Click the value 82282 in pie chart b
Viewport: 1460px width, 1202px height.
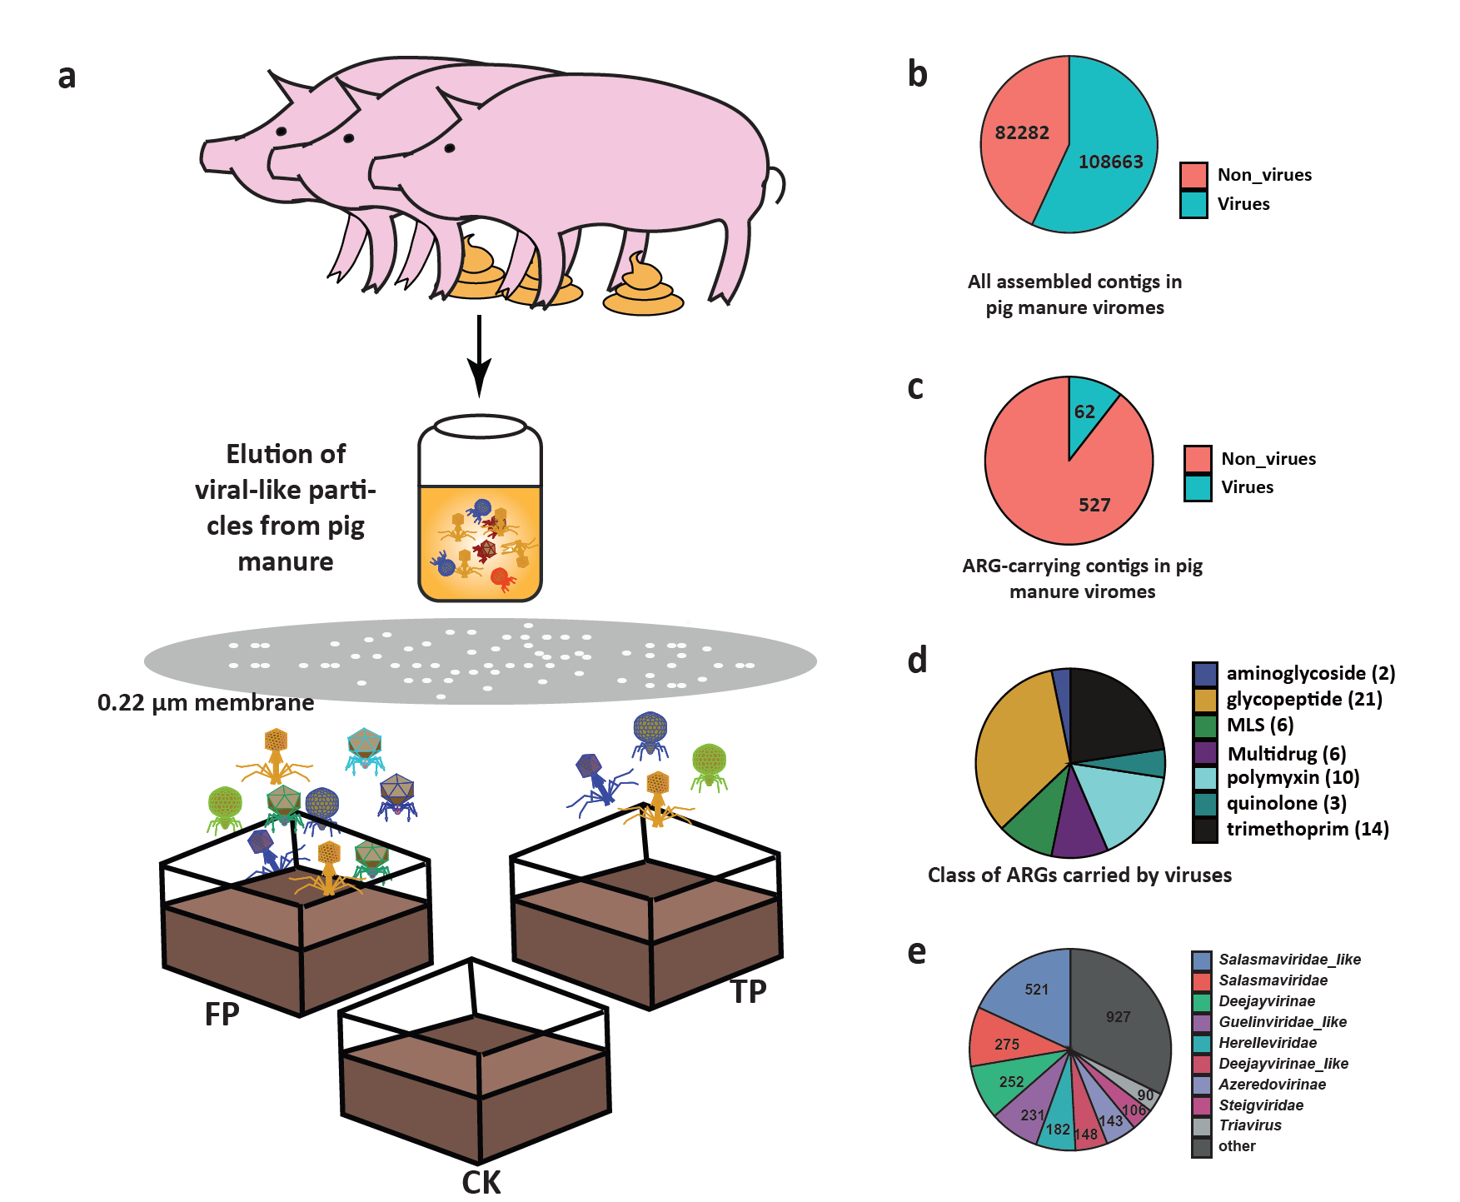pos(1022,133)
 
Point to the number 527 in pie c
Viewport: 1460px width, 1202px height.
pos(1094,505)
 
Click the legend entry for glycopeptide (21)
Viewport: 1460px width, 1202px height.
pos(1288,699)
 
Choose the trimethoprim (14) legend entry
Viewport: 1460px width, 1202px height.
pos(1291,829)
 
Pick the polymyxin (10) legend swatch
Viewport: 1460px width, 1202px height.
pos(1205,778)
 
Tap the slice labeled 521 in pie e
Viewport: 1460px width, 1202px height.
pos(1033,995)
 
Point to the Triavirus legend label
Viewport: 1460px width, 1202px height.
pos(1250,1125)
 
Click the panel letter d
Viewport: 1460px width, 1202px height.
pos(917,660)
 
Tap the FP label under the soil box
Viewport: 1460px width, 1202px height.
pos(222,1014)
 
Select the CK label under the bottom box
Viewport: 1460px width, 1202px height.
pos(481,1183)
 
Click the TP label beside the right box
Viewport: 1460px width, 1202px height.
pos(748,992)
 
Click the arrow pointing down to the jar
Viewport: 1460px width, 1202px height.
pos(479,356)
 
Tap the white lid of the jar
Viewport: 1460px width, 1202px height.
pos(481,426)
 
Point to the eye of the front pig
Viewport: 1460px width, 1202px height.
pos(450,148)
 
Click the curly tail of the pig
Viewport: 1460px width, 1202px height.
pos(775,185)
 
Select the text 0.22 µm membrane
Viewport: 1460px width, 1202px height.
pos(206,703)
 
